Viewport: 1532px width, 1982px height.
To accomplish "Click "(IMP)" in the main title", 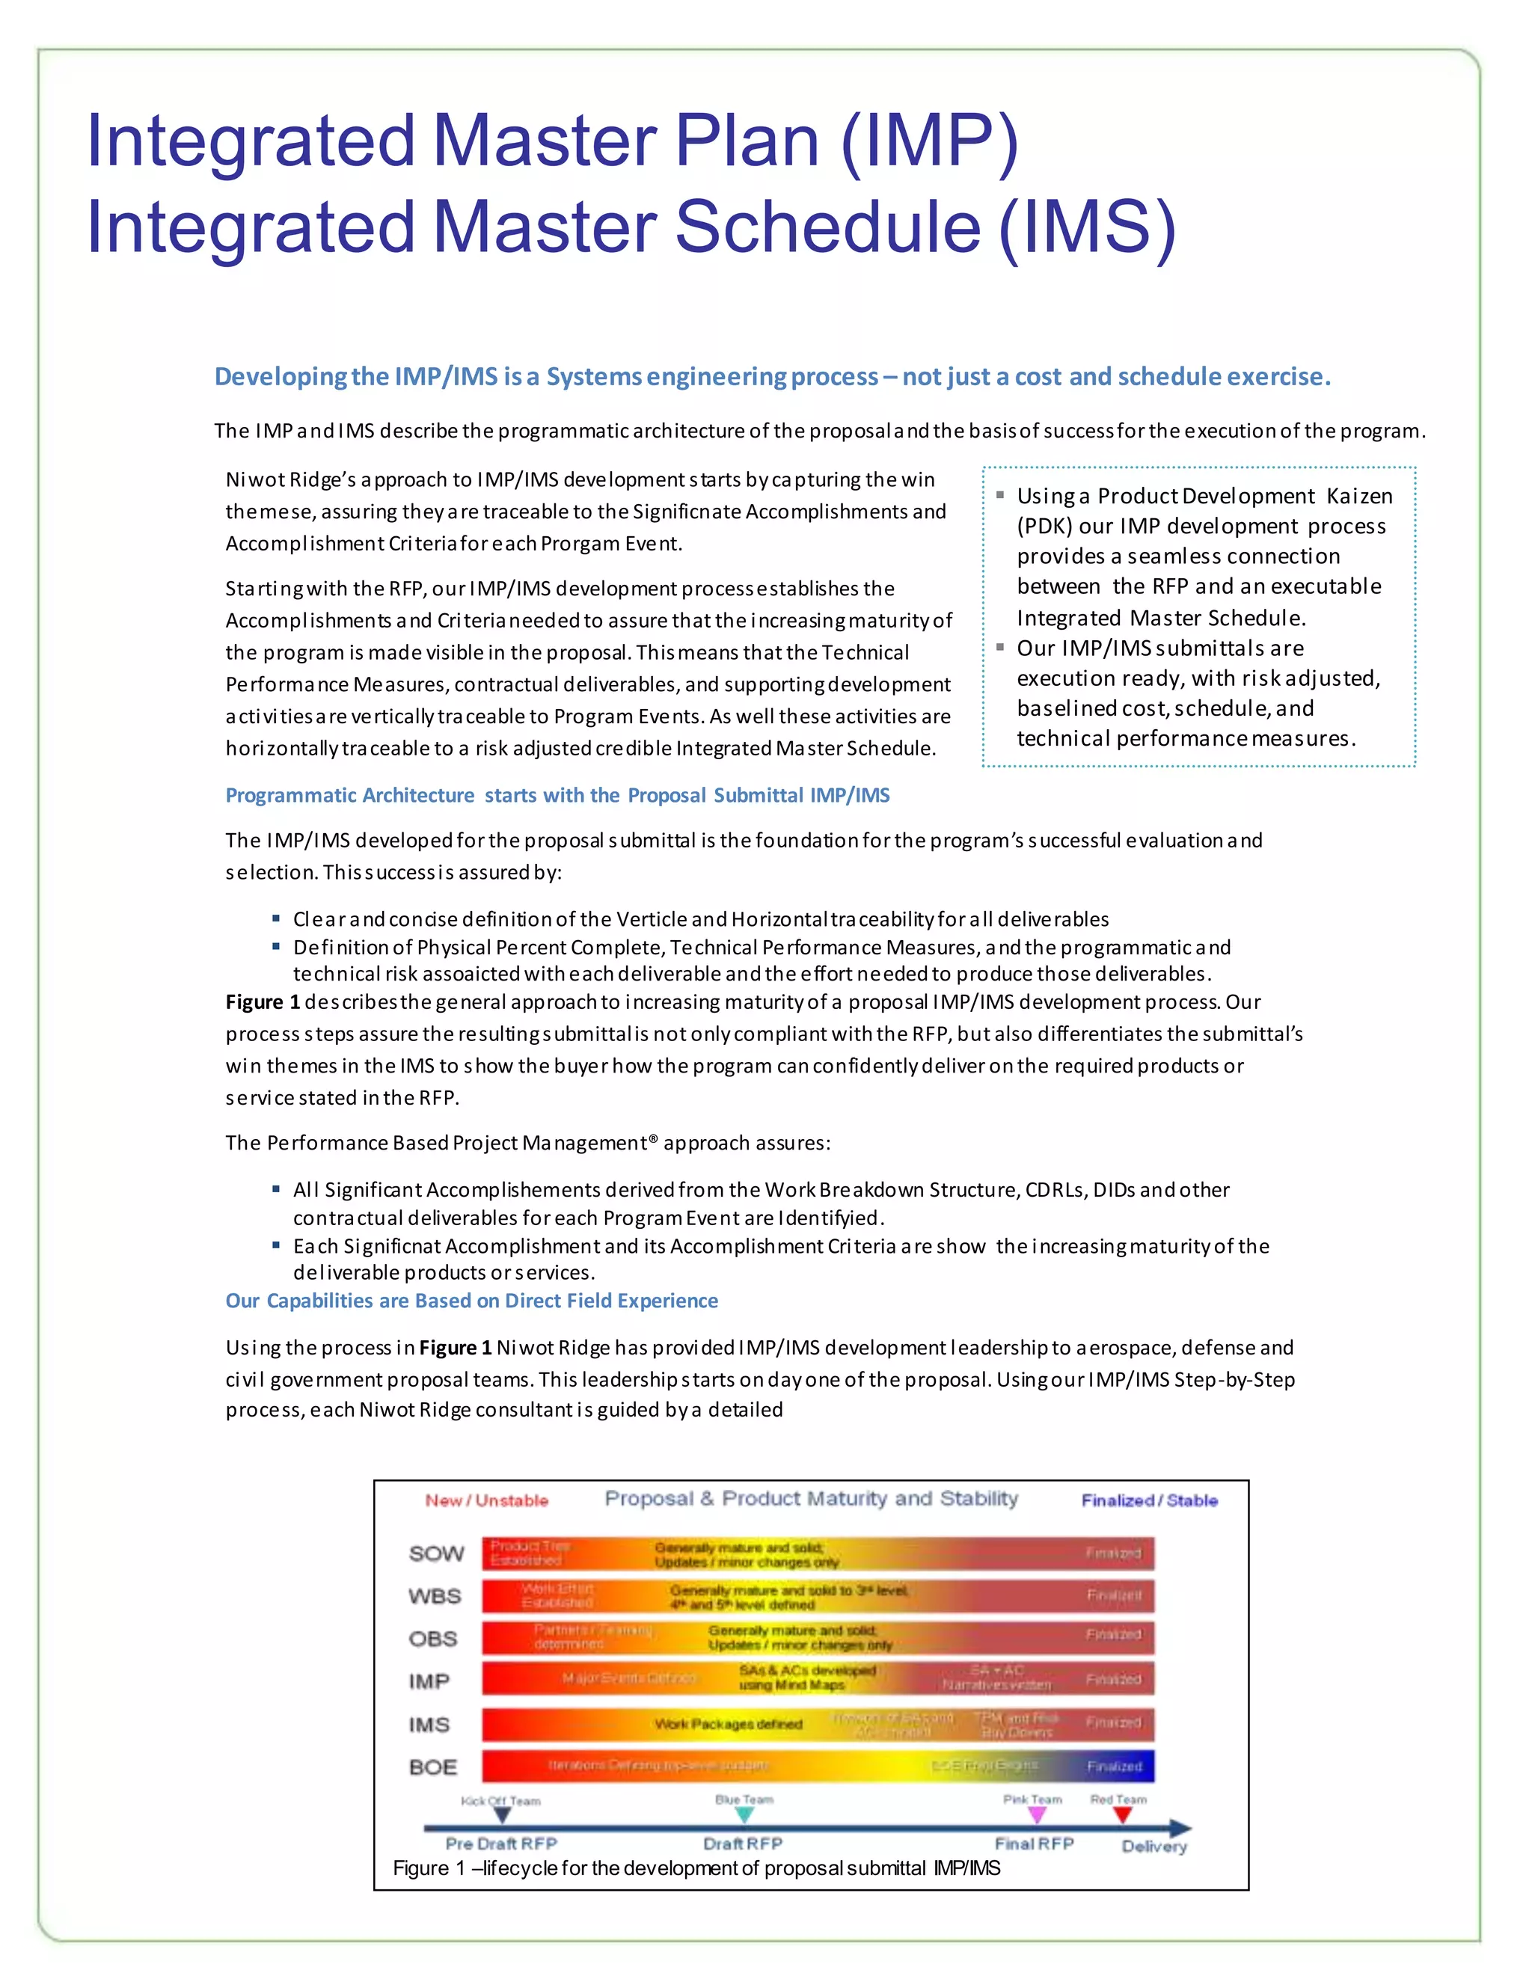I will [x=931, y=141].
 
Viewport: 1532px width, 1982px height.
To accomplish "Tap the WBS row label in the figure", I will [x=435, y=1596].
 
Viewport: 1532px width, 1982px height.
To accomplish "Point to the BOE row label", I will [x=433, y=1767].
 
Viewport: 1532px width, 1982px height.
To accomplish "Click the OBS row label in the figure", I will [x=433, y=1639].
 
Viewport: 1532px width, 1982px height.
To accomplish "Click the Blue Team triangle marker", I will [x=744, y=1815].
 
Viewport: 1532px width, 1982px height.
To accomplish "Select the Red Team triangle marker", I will [x=1123, y=1815].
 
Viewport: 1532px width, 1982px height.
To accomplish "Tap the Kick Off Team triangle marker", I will [x=502, y=1815].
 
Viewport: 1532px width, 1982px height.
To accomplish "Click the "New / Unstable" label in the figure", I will [x=486, y=1501].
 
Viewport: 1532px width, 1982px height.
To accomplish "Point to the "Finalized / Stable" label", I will [x=1149, y=1501].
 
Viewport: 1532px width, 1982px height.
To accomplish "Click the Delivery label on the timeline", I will [x=1153, y=1847].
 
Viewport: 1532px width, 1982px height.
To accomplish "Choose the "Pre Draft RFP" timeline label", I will [x=501, y=1844].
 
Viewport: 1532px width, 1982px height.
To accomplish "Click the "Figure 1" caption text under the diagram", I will [x=696, y=1868].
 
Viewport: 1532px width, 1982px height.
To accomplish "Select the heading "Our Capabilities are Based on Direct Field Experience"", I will [x=471, y=1301].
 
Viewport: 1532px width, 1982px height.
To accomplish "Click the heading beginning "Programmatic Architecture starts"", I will [x=557, y=795].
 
